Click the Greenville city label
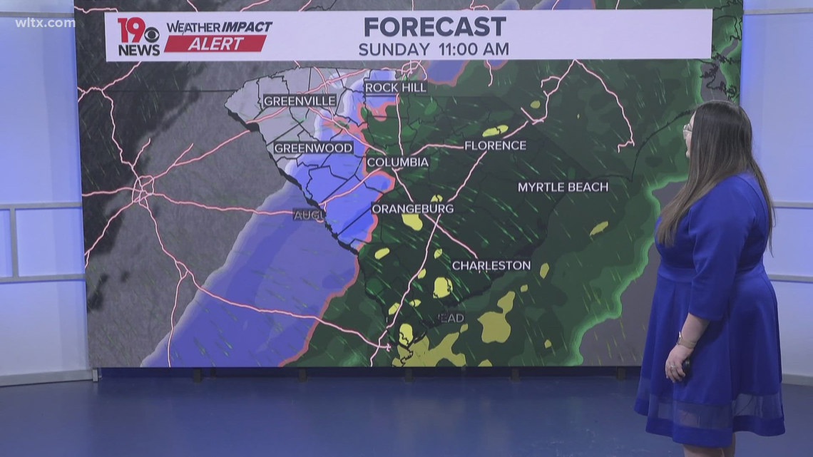click(x=300, y=101)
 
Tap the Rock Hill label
click(x=395, y=88)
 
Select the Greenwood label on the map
click(x=313, y=148)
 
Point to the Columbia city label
click(x=397, y=163)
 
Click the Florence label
click(x=495, y=145)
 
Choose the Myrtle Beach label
click(x=563, y=187)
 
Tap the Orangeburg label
click(x=412, y=209)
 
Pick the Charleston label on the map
click(x=491, y=265)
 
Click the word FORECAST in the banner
click(x=434, y=27)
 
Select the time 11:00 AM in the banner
click(x=473, y=49)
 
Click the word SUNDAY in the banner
click(x=394, y=49)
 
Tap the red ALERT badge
click(x=216, y=43)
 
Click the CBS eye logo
click(x=151, y=34)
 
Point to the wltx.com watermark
click(x=45, y=23)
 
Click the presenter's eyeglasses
click(x=687, y=130)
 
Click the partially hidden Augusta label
click(x=310, y=214)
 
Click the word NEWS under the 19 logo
click(x=138, y=50)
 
